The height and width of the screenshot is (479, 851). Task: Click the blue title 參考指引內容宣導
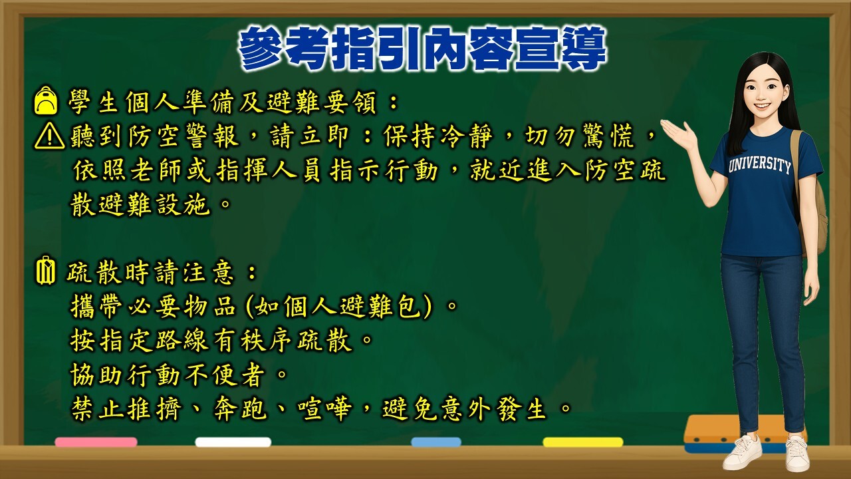pyautogui.click(x=422, y=49)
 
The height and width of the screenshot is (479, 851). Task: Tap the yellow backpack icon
pyautogui.click(x=46, y=100)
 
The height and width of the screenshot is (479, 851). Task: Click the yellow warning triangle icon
pyautogui.click(x=49, y=135)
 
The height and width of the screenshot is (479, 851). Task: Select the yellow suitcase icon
pyautogui.click(x=45, y=270)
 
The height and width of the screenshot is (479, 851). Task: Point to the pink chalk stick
pyautogui.click(x=96, y=442)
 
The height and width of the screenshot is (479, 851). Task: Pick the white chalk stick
pyautogui.click(x=233, y=442)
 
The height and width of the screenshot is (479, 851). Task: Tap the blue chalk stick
pyautogui.click(x=436, y=442)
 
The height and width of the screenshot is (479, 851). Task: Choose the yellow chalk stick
pyautogui.click(x=583, y=442)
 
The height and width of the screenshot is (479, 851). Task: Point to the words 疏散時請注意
pyautogui.click(x=150, y=272)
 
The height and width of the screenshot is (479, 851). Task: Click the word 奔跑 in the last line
pyautogui.click(x=240, y=409)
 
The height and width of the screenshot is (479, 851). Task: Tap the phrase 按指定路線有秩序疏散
pyautogui.click(x=211, y=340)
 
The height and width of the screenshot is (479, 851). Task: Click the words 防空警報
pyautogui.click(x=183, y=136)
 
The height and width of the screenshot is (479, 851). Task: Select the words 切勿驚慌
pyautogui.click(x=580, y=136)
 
